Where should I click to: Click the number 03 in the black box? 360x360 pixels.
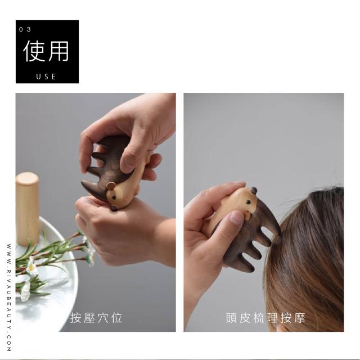(25, 30)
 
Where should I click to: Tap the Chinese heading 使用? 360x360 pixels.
(46, 51)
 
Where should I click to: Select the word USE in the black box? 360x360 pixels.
(46, 76)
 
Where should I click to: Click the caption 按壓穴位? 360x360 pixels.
(96, 318)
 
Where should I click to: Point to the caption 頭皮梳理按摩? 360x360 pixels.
(265, 318)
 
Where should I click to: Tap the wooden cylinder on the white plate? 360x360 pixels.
(28, 209)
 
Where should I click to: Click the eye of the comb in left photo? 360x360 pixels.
(114, 197)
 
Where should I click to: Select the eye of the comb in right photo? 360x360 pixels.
(248, 202)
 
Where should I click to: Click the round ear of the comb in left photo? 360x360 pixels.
(111, 186)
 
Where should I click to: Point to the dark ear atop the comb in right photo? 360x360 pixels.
(254, 190)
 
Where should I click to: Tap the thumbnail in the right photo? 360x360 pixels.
(235, 218)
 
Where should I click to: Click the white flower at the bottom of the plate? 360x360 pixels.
(25, 291)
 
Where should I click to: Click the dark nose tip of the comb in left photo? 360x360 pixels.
(114, 209)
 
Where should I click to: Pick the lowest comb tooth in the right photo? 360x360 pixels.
(246, 266)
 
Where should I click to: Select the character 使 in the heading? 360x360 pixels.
(34, 51)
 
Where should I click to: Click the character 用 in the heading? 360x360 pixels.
(58, 51)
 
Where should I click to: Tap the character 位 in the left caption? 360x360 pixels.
(117, 318)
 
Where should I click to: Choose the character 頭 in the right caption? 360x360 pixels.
(231, 318)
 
